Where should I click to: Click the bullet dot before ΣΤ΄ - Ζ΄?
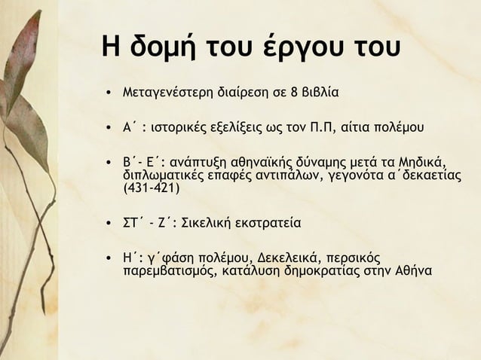point(111,224)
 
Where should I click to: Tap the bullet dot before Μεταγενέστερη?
point(111,96)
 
